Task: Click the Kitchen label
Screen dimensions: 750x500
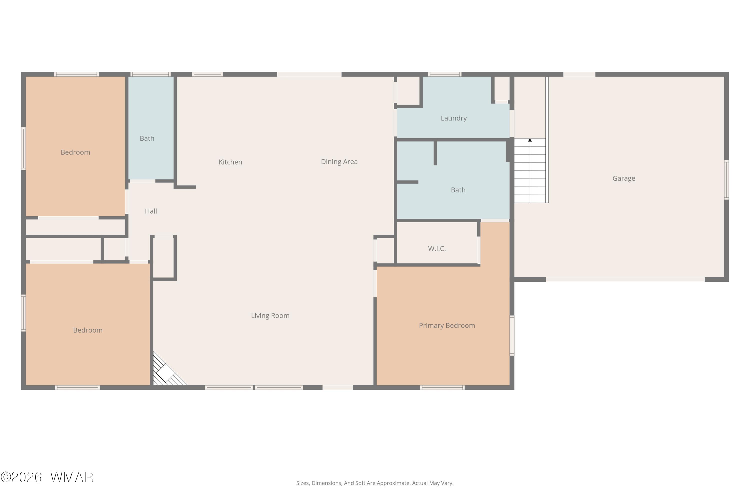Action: pos(230,162)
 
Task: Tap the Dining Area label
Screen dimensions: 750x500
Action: pos(339,162)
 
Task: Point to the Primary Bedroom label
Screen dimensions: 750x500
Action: pos(447,325)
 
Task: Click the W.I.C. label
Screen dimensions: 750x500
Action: pos(437,249)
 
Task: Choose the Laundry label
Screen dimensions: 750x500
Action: pos(453,118)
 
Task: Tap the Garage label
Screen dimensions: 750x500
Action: pos(624,178)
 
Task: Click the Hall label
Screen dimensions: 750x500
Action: pos(151,211)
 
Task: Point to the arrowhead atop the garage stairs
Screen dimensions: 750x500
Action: pos(530,140)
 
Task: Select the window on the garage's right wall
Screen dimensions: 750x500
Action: pos(726,180)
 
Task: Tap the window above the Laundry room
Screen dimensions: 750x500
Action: pos(444,74)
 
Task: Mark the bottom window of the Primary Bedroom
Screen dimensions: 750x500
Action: pos(442,387)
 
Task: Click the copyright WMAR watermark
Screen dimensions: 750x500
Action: pos(47,477)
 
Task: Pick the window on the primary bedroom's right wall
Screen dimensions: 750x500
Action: pos(512,335)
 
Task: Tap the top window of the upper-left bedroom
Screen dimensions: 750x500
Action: pos(76,74)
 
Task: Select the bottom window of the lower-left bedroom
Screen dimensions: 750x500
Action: pos(77,387)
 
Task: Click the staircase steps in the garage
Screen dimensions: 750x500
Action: pos(530,170)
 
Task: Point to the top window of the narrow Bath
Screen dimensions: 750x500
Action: pos(150,74)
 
